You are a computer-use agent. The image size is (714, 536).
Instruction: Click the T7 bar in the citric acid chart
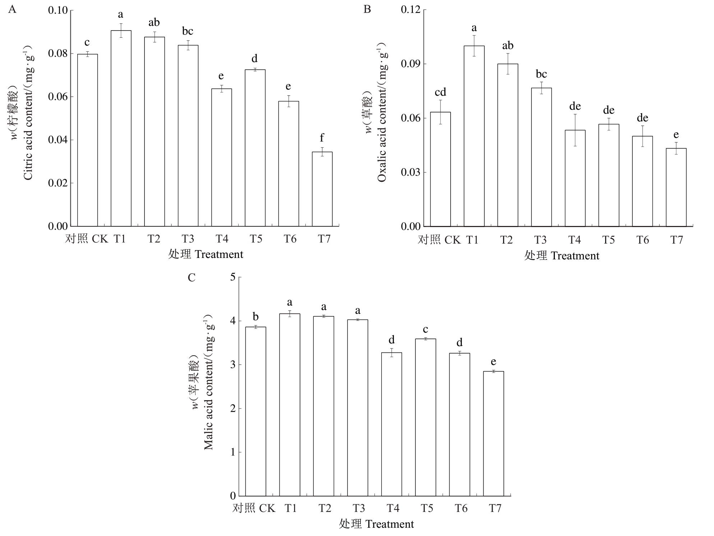[x=322, y=189]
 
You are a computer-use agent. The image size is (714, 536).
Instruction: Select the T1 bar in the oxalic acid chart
[x=474, y=136]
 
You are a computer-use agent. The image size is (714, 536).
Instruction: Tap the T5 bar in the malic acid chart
[x=425, y=417]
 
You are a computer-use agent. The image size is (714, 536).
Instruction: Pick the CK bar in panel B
[x=440, y=169]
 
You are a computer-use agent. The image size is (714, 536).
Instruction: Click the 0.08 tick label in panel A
[x=58, y=54]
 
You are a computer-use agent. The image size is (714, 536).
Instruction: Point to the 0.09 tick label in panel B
[x=411, y=64]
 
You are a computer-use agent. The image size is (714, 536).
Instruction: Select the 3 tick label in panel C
[x=233, y=365]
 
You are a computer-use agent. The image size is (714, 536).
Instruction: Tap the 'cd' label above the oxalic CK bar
[x=440, y=92]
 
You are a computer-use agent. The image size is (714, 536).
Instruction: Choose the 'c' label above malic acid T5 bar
[x=425, y=329]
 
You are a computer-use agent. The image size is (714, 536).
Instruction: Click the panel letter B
[x=367, y=9]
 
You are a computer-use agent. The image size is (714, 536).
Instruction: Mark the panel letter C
[x=192, y=278]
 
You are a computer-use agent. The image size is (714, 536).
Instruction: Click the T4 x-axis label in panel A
[x=222, y=239]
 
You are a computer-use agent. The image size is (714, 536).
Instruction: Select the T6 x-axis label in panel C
[x=461, y=508]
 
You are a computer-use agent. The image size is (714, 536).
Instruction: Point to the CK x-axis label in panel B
[x=452, y=240]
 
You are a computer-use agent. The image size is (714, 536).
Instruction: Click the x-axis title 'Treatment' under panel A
[x=219, y=255]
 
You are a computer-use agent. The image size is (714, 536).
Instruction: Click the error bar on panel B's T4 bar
[x=575, y=130]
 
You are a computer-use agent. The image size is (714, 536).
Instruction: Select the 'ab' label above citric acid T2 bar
[x=154, y=23]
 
